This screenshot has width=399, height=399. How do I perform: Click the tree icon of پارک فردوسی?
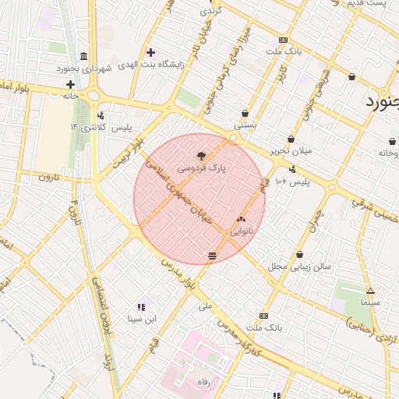pos(202,156)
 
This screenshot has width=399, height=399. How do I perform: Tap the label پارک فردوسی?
pos(202,168)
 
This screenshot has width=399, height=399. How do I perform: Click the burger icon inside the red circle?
pos(213,256)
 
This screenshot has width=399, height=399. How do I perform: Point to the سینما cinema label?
pos(370,301)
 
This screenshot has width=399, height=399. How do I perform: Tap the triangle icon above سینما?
pos(370,291)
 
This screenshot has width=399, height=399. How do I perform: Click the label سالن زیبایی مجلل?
pos(300,266)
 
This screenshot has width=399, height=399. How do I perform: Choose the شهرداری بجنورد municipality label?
pos(84,69)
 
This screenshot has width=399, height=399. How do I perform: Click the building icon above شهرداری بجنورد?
pos(83,57)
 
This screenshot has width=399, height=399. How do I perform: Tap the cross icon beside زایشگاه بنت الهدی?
pos(150,52)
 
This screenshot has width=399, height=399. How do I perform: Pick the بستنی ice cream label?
pos(245,125)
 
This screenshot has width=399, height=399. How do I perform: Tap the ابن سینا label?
pos(142,318)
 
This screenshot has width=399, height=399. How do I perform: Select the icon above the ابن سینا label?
pos(141,307)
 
